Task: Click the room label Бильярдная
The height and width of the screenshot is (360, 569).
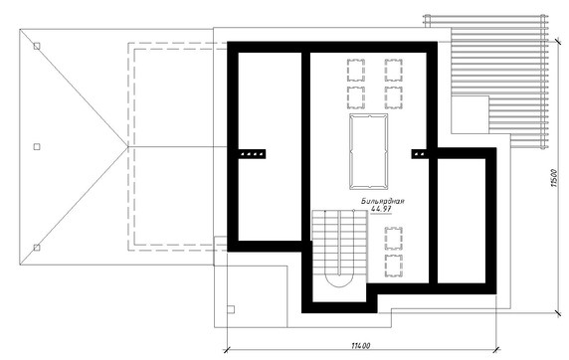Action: click(x=382, y=201)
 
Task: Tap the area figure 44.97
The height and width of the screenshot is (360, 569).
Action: click(x=381, y=209)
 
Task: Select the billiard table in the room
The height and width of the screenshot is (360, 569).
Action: click(x=368, y=151)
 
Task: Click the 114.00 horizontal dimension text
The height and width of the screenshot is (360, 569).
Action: click(x=361, y=345)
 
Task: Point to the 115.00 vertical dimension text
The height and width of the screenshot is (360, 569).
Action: click(x=554, y=178)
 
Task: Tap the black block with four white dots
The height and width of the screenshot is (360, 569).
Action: click(x=252, y=154)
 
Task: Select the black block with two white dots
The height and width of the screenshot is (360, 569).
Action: click(x=420, y=154)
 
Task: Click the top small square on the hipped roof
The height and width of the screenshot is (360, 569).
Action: click(x=37, y=46)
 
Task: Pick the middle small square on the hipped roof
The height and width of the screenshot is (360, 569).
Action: click(x=37, y=146)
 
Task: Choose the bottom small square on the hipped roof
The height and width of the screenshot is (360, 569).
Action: click(x=37, y=248)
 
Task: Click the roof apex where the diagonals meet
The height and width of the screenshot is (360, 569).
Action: click(x=128, y=146)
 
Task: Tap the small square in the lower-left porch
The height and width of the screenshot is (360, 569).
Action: click(x=231, y=309)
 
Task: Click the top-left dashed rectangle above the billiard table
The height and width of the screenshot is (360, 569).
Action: click(x=356, y=71)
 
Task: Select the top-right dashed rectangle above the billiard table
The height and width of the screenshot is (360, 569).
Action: click(x=394, y=71)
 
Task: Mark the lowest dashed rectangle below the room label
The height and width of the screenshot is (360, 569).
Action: click(x=394, y=266)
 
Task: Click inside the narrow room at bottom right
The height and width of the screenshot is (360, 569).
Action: click(x=462, y=221)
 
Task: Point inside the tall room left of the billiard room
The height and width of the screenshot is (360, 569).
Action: click(x=270, y=146)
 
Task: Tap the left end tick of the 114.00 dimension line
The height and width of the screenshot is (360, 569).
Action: click(x=227, y=350)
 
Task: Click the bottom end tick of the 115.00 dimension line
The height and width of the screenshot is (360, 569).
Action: click(x=558, y=312)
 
